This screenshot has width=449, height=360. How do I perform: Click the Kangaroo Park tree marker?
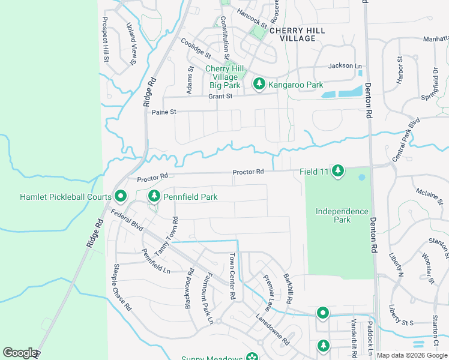tap(259, 84)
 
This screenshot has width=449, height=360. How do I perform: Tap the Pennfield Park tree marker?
tap(154, 196)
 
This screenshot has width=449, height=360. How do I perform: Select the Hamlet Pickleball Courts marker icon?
tap(120, 196)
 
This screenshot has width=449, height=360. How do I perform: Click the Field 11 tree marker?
tap(338, 171)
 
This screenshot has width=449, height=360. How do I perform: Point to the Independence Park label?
tap(342, 215)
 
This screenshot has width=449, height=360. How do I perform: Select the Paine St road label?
tap(164, 112)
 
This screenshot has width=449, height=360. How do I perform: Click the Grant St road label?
tap(220, 96)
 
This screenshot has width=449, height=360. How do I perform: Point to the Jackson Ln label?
tap(345, 66)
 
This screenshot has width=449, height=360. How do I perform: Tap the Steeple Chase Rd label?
tap(122, 287)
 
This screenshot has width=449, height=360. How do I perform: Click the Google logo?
tap(20, 353)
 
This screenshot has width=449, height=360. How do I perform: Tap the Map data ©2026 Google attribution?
tap(412, 356)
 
